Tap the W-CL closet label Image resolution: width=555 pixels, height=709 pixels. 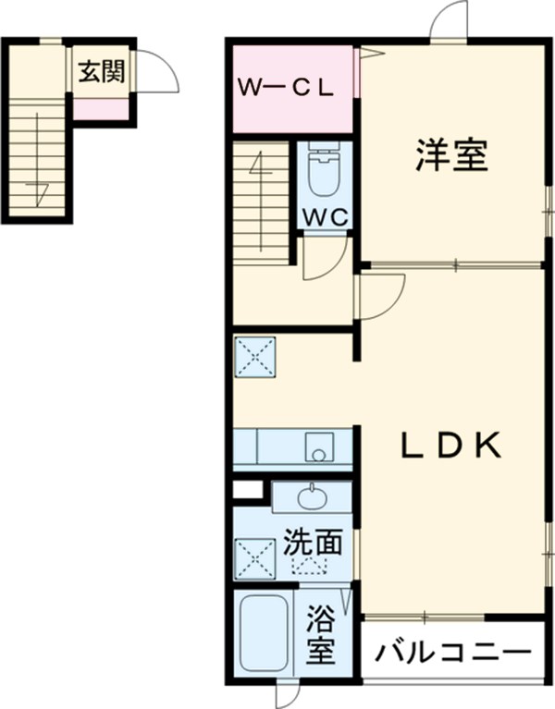tap(287, 89)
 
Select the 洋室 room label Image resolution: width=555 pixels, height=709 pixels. tap(450, 154)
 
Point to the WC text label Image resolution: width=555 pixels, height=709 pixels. tap(323, 217)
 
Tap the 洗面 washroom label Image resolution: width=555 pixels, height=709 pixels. tap(312, 543)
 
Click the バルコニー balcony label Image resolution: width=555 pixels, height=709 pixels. tap(453, 655)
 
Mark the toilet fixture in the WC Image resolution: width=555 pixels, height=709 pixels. tap(323, 172)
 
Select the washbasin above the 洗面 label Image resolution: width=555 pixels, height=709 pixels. tap(312, 498)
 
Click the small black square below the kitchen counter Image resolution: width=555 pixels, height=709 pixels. tap(244, 490)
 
